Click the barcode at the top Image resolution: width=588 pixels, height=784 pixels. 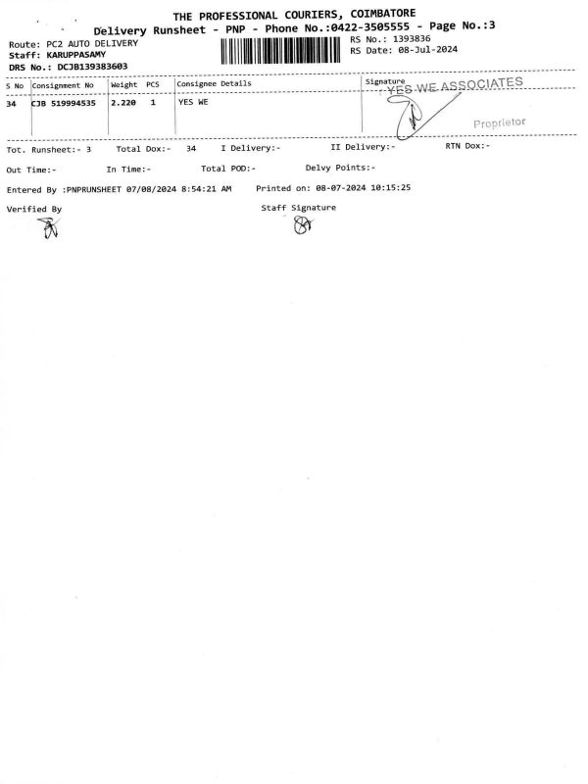click(280, 51)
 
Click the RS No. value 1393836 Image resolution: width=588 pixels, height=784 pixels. click(412, 38)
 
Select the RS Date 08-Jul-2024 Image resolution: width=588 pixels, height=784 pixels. click(428, 50)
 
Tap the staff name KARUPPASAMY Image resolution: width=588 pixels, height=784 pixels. click(76, 55)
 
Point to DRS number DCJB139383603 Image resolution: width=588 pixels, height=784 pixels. click(92, 66)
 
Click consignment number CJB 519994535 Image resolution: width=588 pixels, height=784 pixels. click(64, 104)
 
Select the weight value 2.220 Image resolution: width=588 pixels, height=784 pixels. click(123, 103)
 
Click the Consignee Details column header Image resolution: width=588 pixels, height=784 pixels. click(214, 83)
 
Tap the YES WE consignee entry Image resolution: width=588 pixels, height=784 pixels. click(193, 102)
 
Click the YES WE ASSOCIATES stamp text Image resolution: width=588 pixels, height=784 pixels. click(455, 85)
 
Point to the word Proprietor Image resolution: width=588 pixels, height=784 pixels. click(500, 122)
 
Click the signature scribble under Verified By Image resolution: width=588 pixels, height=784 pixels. click(50, 228)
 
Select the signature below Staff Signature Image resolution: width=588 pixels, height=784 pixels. click(303, 226)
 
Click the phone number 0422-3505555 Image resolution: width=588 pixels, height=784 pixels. click(370, 26)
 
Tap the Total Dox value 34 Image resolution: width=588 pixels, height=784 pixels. click(191, 149)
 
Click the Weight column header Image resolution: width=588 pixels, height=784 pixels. click(124, 85)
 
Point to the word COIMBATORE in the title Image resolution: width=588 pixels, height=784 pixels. click(383, 14)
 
